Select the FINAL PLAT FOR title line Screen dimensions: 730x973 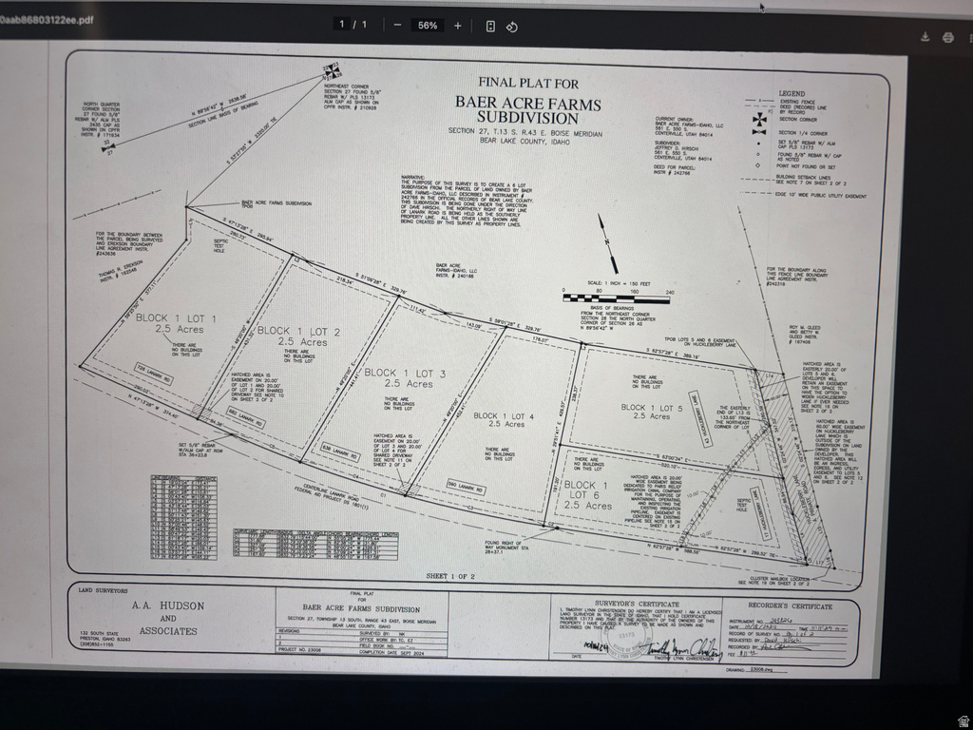[528, 83]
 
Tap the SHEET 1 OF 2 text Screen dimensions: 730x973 [449, 576]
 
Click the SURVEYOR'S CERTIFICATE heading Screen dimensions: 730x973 [638, 604]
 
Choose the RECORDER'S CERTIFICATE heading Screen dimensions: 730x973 [790, 605]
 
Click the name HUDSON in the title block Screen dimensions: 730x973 [181, 605]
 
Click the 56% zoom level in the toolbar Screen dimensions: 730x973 [427, 26]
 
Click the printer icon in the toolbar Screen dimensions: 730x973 [947, 37]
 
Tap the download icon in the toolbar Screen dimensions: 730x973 [925, 37]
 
